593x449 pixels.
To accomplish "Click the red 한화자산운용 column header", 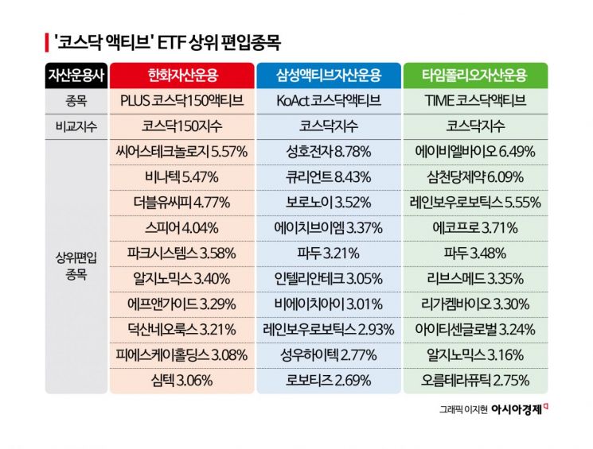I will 182,76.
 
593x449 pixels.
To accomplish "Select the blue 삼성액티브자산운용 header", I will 329,76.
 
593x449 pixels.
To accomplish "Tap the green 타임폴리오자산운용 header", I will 475,76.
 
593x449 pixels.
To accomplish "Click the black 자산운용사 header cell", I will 76,76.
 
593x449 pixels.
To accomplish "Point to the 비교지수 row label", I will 76,126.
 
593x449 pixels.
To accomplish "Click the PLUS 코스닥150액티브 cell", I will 182,101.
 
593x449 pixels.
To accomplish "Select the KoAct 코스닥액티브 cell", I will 329,101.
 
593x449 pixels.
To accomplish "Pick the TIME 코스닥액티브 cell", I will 475,101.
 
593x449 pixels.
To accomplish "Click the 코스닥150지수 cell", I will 182,126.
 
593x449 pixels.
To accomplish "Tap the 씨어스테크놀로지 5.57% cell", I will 182,151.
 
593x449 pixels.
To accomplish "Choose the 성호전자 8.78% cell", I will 329,151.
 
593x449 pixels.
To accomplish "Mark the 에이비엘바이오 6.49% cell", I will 475,151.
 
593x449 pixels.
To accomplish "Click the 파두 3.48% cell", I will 475,253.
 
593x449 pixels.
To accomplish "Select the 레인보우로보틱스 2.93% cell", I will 329,329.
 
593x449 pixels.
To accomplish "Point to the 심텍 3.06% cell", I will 182,380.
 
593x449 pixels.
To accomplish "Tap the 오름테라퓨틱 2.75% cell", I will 475,380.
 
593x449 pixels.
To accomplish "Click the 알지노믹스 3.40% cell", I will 182,278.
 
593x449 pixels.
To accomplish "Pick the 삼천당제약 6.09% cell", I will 475,176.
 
